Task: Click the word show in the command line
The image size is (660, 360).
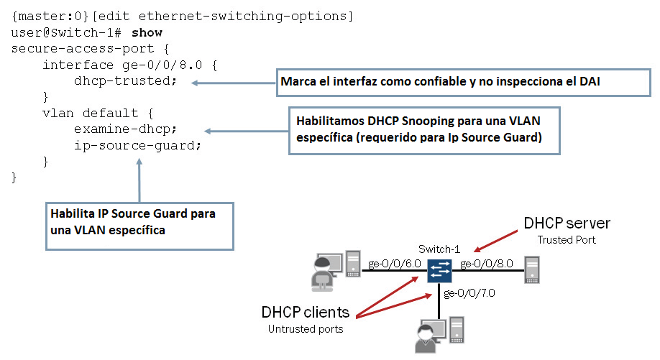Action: pos(147,32)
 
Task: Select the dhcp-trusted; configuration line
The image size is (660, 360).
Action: pos(125,80)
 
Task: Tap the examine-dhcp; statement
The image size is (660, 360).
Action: pos(125,129)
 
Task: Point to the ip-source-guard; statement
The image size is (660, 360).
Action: pos(137,144)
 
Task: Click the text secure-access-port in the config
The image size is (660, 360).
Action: pos(74,49)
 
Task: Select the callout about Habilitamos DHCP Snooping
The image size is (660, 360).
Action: pos(424,130)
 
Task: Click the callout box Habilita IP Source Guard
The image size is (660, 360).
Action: pos(140,221)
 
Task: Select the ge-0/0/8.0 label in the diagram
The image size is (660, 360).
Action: pos(487,264)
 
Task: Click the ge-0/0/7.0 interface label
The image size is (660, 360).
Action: pos(470,293)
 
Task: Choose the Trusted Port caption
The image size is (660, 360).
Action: pos(567,239)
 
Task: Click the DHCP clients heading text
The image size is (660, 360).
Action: pos(306,313)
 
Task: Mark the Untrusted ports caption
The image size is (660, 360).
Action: pos(306,328)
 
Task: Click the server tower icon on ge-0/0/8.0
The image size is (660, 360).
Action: pos(532,272)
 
